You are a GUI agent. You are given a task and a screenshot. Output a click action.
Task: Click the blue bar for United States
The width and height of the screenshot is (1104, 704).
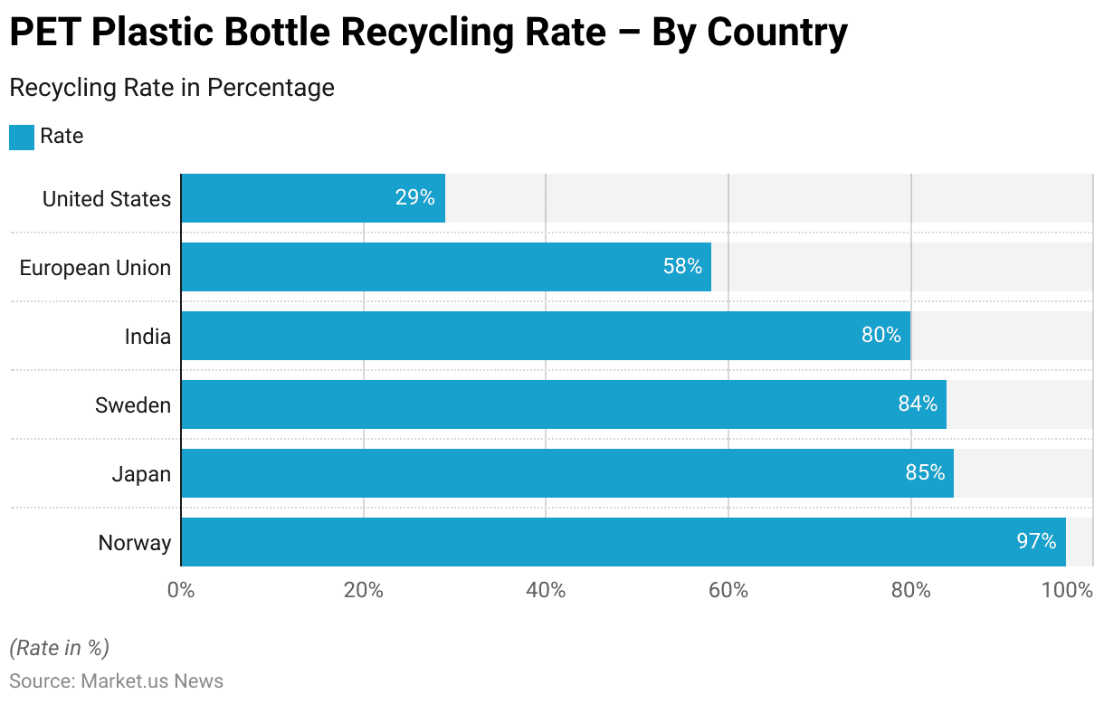click(x=313, y=198)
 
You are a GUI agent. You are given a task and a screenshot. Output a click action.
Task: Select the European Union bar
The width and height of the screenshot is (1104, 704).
click(x=446, y=267)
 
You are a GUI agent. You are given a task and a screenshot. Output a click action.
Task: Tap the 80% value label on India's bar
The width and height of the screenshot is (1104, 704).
click(x=881, y=336)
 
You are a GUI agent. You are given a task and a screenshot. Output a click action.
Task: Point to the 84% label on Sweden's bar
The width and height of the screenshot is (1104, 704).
click(x=918, y=404)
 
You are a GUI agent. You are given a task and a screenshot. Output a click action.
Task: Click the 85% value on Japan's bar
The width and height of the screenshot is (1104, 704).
click(x=925, y=473)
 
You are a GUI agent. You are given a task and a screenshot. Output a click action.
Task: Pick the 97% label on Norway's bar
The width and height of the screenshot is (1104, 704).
click(x=1036, y=542)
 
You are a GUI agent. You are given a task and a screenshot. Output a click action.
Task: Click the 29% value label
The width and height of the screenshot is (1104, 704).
click(x=414, y=198)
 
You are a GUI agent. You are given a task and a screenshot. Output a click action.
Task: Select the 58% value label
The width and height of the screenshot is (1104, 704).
click(x=682, y=267)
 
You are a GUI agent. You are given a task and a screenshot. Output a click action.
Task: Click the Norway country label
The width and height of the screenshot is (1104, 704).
click(x=135, y=543)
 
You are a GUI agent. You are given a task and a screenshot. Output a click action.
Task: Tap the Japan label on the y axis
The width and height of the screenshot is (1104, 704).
click(x=141, y=474)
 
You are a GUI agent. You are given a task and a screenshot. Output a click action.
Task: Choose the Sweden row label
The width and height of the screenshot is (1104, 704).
click(x=133, y=405)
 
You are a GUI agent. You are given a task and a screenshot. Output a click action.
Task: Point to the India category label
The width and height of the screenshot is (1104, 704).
click(x=148, y=337)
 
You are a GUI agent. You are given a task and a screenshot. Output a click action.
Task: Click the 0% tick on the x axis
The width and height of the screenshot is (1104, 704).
click(x=181, y=591)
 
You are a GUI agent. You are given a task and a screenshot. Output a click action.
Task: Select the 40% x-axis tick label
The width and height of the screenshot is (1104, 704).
click(x=546, y=591)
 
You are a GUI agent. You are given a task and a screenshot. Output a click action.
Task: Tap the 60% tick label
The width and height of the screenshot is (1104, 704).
click(x=728, y=591)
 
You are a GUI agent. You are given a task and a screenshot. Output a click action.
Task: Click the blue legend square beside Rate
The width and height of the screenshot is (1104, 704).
click(x=22, y=137)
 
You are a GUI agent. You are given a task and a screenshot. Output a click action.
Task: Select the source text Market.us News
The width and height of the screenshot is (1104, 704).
click(x=152, y=681)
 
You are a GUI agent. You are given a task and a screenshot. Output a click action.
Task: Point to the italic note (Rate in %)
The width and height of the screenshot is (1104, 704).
click(x=59, y=648)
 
